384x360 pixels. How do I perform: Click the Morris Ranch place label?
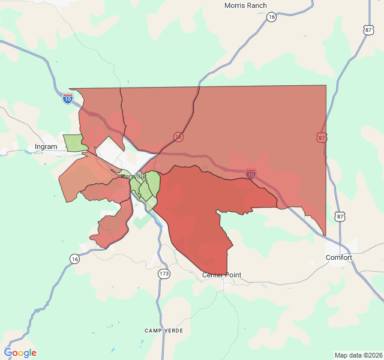point(245,5)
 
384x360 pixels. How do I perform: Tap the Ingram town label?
point(46,146)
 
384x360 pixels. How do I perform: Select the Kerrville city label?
point(133,176)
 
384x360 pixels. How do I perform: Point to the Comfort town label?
point(339,257)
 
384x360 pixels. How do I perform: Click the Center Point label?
point(221,275)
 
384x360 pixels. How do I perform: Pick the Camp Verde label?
point(163,331)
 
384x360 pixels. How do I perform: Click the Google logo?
point(20,353)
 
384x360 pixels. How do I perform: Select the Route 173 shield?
point(164,274)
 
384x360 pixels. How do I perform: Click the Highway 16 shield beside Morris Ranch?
point(272,17)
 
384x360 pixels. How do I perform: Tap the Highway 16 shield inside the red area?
point(178,137)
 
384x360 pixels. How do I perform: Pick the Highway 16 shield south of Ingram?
point(74,259)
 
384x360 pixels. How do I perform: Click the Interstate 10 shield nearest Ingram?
point(68,98)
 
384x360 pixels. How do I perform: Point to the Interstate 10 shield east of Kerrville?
point(251,175)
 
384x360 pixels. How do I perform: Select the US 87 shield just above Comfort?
point(341,216)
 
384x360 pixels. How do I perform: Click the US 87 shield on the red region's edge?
point(322,138)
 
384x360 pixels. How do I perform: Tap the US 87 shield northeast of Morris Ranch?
point(368,29)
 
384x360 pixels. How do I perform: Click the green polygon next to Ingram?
point(74,143)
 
